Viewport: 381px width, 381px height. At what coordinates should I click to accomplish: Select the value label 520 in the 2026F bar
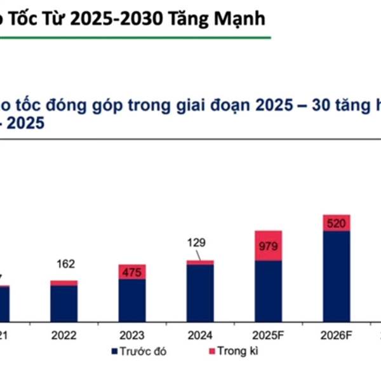[x=336, y=223]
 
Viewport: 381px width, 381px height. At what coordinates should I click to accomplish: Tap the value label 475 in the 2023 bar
[x=132, y=272]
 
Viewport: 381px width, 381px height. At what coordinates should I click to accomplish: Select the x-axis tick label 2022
[x=64, y=335]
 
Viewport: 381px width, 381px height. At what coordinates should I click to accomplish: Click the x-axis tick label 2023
[x=132, y=335]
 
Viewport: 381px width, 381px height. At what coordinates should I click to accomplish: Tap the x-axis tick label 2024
[x=200, y=335]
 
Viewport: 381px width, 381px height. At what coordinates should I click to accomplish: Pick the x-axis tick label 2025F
[x=268, y=335]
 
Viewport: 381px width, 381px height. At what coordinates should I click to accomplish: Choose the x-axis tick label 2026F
[x=336, y=335]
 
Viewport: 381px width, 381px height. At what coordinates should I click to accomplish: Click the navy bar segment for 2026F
[x=336, y=276]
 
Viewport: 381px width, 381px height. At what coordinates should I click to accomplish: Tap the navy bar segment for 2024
[x=200, y=293]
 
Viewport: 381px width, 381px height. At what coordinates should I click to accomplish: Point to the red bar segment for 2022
[x=64, y=283]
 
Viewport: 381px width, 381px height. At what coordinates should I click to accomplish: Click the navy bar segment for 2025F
[x=268, y=291]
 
